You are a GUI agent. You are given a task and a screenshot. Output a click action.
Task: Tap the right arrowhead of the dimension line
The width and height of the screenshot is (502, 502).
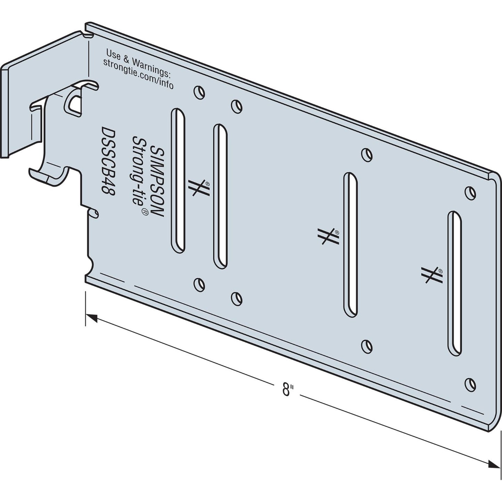coord(495,464)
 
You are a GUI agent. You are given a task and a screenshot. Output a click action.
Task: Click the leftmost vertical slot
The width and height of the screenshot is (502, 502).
coord(178,181)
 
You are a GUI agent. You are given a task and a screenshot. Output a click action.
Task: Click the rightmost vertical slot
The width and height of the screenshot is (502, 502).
coord(455,283)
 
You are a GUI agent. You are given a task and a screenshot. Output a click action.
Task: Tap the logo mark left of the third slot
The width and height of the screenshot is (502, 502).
coord(328,237)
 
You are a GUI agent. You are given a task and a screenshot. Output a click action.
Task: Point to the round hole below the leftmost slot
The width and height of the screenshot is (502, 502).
coord(199,284)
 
